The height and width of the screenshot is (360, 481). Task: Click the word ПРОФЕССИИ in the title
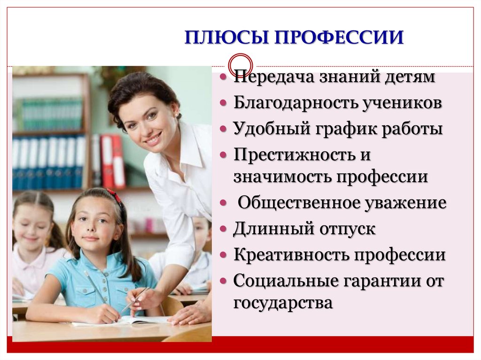pyautogui.click(x=339, y=38)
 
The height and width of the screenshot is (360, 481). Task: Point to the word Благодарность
pyautogui.click(x=295, y=102)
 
